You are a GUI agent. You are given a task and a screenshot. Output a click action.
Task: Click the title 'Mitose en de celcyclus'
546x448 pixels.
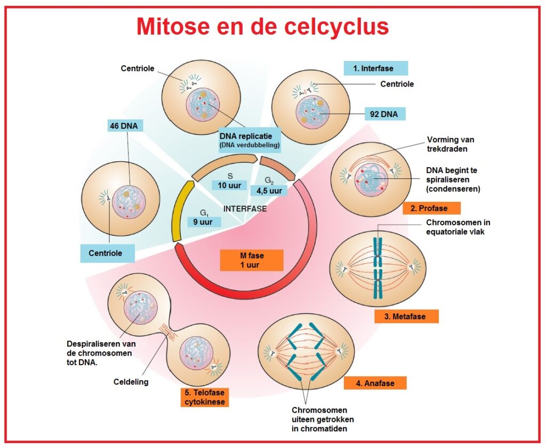pos(262,27)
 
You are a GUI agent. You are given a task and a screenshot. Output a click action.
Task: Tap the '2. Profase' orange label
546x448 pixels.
pos(431,208)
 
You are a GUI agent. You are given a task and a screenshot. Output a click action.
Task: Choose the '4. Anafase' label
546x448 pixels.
pos(375,383)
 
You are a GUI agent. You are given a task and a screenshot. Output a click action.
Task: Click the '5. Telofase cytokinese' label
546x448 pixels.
pos(205,397)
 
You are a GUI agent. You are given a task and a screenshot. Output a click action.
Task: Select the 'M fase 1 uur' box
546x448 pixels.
pos(251,260)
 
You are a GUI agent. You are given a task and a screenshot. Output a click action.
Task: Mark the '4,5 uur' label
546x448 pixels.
pos(269,191)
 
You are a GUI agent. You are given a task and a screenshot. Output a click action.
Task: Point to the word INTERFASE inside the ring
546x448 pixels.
pos(245,209)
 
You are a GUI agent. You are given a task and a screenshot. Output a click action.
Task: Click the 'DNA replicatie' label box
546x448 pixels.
pos(250,139)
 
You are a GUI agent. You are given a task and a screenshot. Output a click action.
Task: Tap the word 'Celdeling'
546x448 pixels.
pos(131,382)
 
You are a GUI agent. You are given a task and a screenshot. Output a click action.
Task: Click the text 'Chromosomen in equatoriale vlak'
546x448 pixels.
pos(457,227)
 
